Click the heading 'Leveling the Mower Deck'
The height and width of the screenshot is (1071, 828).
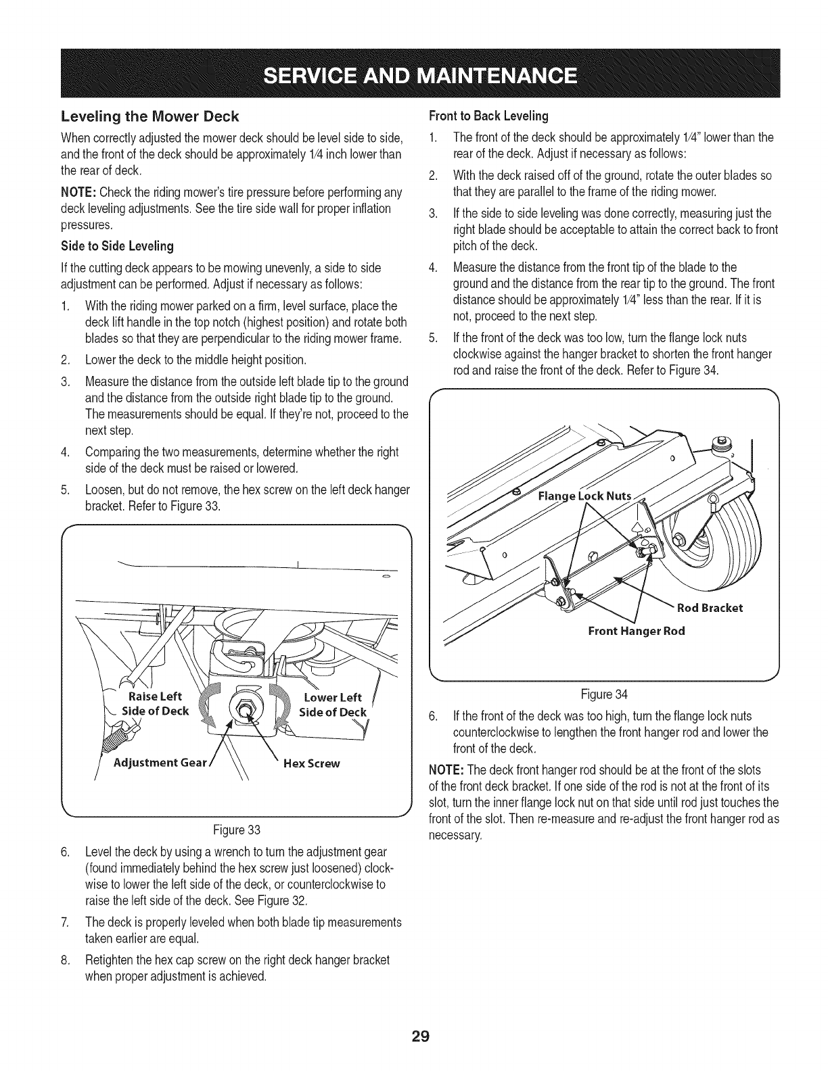(150, 116)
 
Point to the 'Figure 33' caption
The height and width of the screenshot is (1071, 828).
(236, 830)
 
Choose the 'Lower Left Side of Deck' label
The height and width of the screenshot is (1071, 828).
(333, 704)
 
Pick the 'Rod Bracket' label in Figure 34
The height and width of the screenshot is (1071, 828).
(710, 607)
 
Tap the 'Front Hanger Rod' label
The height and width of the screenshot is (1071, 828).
(636, 631)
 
